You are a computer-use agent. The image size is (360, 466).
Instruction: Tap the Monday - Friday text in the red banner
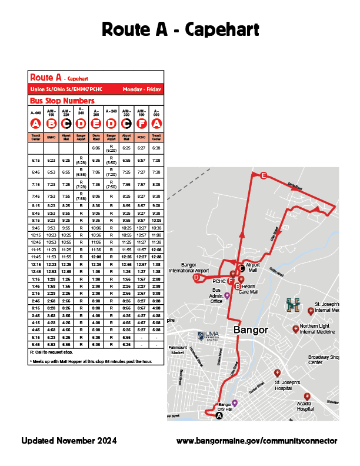tap(142, 89)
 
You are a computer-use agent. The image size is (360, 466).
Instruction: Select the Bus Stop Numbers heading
tap(62, 101)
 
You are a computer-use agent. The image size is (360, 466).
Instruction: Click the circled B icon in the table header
tap(51, 124)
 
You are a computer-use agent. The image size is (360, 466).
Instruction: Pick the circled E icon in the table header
tap(96, 124)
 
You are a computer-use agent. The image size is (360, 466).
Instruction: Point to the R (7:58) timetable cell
tap(81, 196)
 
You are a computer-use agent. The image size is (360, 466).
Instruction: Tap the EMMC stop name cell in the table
tap(51, 137)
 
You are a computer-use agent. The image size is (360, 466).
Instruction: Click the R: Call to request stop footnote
tap(50, 351)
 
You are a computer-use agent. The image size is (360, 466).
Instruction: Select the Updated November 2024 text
tap(69, 440)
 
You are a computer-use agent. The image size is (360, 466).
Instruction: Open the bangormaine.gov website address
tap(257, 441)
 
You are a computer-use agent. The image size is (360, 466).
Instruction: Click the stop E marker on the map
tap(264, 175)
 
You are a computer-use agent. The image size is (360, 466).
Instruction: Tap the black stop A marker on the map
tap(219, 415)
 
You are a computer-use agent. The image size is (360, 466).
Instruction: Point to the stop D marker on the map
tap(196, 277)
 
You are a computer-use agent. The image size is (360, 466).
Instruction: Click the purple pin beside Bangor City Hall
tap(235, 403)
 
